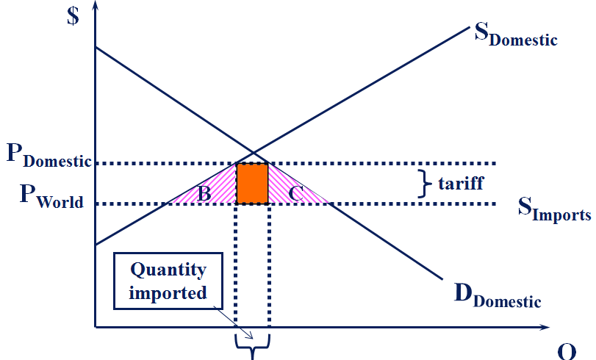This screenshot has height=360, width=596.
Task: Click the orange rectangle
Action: [251, 184]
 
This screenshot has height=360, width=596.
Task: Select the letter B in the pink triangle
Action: [205, 194]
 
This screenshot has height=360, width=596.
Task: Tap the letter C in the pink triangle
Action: [296, 194]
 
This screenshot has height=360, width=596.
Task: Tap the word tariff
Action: [460, 182]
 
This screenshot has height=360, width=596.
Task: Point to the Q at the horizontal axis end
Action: [566, 351]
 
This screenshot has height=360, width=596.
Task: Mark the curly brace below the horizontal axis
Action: [253, 345]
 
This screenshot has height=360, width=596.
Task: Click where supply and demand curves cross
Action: [252, 153]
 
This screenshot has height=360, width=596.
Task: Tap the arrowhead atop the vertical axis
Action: [96, 7]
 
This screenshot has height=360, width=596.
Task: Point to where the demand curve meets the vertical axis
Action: [96, 48]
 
